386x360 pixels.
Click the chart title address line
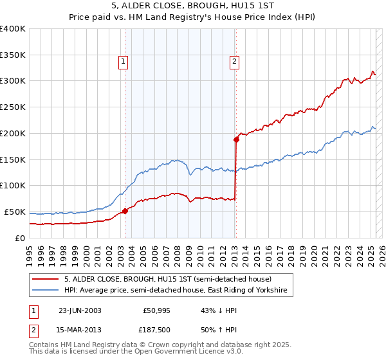point(192,7)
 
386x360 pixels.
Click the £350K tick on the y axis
point(13,55)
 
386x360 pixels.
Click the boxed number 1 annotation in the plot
point(123,62)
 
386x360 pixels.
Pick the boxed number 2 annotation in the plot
point(234,62)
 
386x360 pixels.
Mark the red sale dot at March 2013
point(236,139)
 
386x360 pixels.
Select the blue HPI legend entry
point(178,291)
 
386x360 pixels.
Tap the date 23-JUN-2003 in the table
point(80,310)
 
